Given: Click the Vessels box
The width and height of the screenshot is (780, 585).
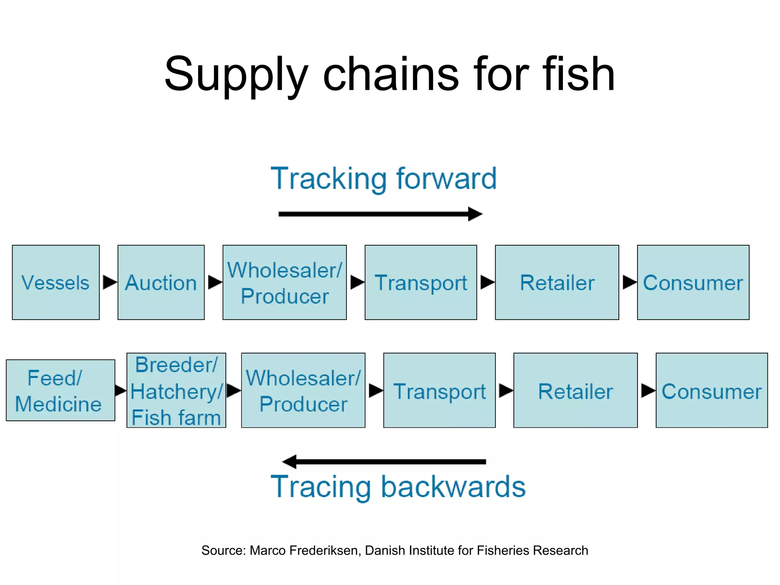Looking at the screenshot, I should click(x=56, y=282).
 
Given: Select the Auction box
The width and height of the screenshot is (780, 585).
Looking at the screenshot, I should click(x=161, y=282).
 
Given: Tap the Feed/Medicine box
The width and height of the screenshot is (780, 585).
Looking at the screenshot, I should click(x=60, y=390).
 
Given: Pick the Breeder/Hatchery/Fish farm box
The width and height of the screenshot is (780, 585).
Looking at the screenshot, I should click(x=176, y=390).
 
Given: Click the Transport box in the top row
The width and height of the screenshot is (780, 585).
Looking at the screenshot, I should click(x=420, y=282).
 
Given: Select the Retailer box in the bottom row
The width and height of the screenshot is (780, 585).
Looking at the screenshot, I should click(x=575, y=390).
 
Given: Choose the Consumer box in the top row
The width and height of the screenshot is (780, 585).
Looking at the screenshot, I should click(x=693, y=282).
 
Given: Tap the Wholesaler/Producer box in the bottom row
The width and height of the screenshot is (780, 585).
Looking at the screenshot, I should click(x=303, y=390).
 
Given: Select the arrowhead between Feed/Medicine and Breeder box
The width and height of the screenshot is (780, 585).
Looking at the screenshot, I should click(x=120, y=390).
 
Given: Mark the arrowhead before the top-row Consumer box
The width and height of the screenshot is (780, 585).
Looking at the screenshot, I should click(x=629, y=282).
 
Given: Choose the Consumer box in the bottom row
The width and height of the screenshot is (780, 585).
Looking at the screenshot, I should click(x=711, y=390).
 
